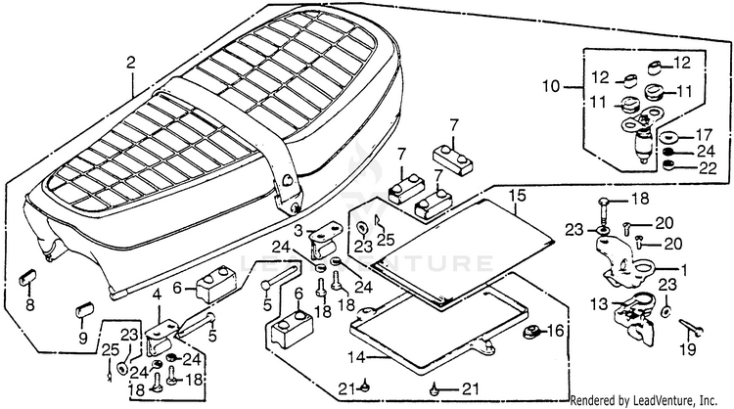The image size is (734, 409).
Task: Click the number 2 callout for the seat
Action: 131,64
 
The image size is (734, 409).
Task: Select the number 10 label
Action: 551,87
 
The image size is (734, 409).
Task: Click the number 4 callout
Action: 156,295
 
